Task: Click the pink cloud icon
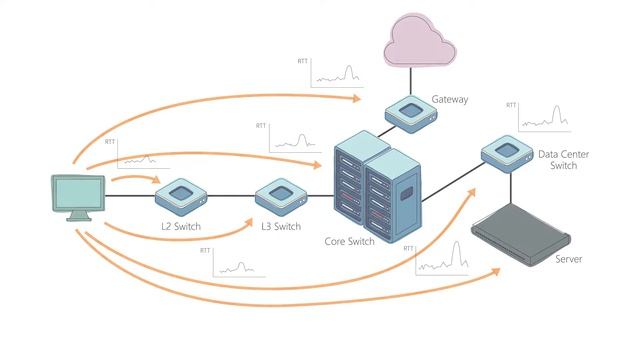tap(420, 40)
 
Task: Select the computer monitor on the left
tap(78, 198)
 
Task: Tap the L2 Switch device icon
tap(181, 196)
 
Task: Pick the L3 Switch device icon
tap(281, 196)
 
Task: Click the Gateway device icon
tap(411, 114)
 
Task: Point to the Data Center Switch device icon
tap(507, 153)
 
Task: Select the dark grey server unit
tap(521, 234)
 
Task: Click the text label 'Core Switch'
tap(349, 241)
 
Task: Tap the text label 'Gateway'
tap(450, 99)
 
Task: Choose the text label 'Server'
tap(569, 259)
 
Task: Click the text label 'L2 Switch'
tap(181, 226)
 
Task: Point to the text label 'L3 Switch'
tap(281, 226)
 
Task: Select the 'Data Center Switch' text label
tap(563, 160)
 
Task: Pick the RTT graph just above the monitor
tap(138, 154)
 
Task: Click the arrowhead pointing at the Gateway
tap(357, 98)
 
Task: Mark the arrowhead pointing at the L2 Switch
tap(156, 180)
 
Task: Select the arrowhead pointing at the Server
tap(496, 272)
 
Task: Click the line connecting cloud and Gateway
tap(411, 81)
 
